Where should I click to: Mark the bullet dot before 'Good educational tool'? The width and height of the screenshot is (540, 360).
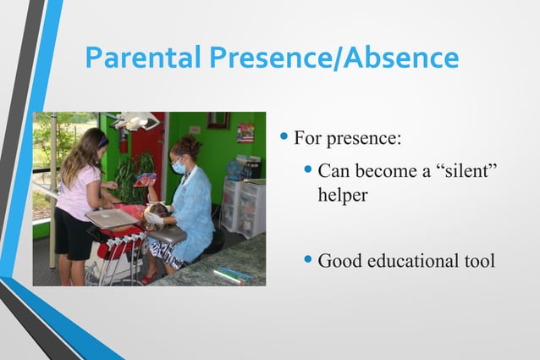309,260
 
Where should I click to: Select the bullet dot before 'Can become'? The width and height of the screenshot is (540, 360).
309,171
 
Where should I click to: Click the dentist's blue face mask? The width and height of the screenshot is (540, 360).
179,167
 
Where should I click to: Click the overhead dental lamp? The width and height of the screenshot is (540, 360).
135,122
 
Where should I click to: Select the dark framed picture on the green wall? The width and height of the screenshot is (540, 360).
218,120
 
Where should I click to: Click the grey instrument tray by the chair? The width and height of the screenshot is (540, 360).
111,218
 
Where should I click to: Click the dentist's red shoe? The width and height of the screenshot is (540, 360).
150,278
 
